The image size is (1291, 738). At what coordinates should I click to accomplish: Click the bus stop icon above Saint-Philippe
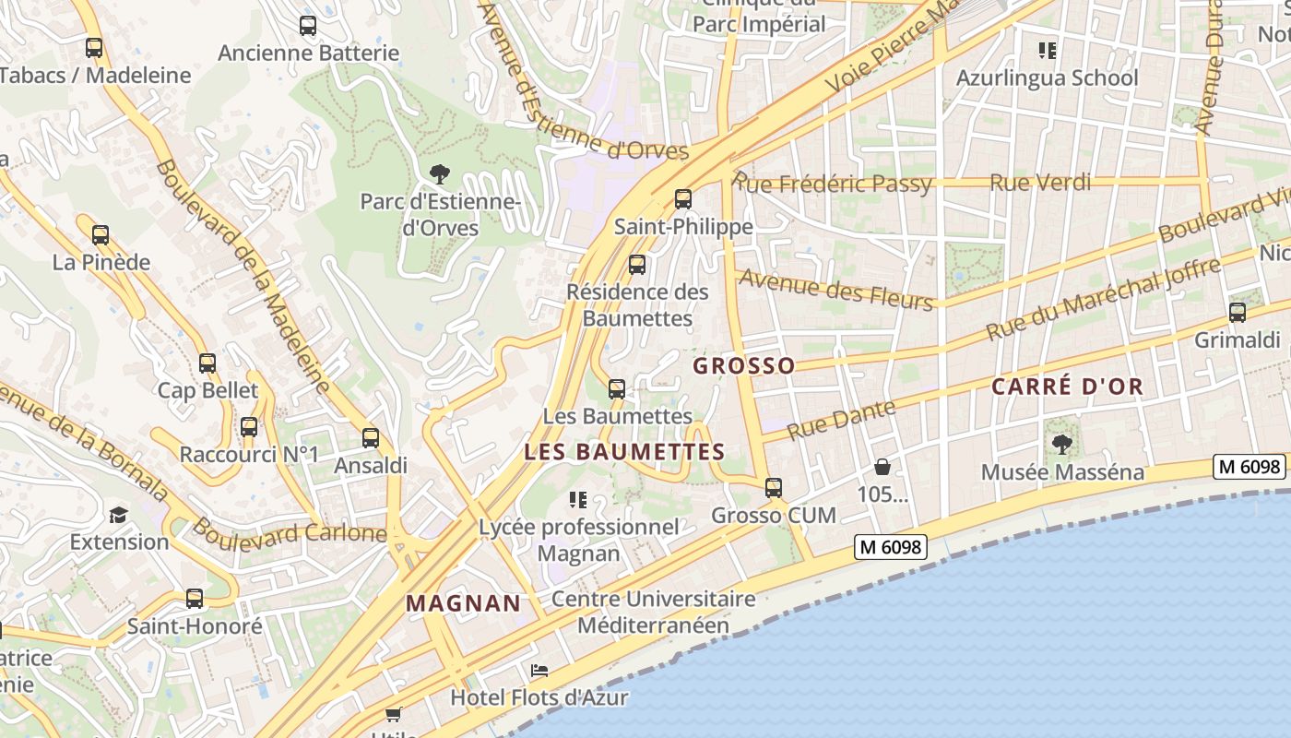pos(682,198)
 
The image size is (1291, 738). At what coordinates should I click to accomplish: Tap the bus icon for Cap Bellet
pos(207,363)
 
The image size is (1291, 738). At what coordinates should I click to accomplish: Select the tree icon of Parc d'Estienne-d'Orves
pos(440,173)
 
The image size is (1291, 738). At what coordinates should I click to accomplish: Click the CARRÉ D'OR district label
pos(1067,387)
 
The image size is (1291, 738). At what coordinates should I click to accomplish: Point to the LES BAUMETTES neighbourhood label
pos(624,452)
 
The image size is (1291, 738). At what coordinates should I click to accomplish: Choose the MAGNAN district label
pos(464,603)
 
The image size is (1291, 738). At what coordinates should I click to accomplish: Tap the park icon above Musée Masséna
pos(1062,445)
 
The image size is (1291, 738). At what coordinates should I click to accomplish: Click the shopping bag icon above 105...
pos(882,467)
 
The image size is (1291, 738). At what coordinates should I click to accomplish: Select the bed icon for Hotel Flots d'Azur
pos(539,671)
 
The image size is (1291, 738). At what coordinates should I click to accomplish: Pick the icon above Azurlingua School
pos(1047,50)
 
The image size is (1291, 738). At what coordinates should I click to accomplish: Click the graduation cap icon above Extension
pos(119,515)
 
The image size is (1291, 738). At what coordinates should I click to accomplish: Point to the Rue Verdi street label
pos(1040,183)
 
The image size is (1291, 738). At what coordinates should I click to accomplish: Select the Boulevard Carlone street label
pos(289,531)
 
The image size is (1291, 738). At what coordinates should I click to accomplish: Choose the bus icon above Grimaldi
pos(1238,313)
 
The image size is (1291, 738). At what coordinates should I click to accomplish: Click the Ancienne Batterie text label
pos(308,53)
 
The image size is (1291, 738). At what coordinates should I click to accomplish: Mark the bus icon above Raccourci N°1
pos(249,427)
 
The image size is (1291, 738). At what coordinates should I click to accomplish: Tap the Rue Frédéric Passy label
pos(833,184)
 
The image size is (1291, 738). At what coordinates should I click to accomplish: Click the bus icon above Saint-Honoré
pos(195,599)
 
